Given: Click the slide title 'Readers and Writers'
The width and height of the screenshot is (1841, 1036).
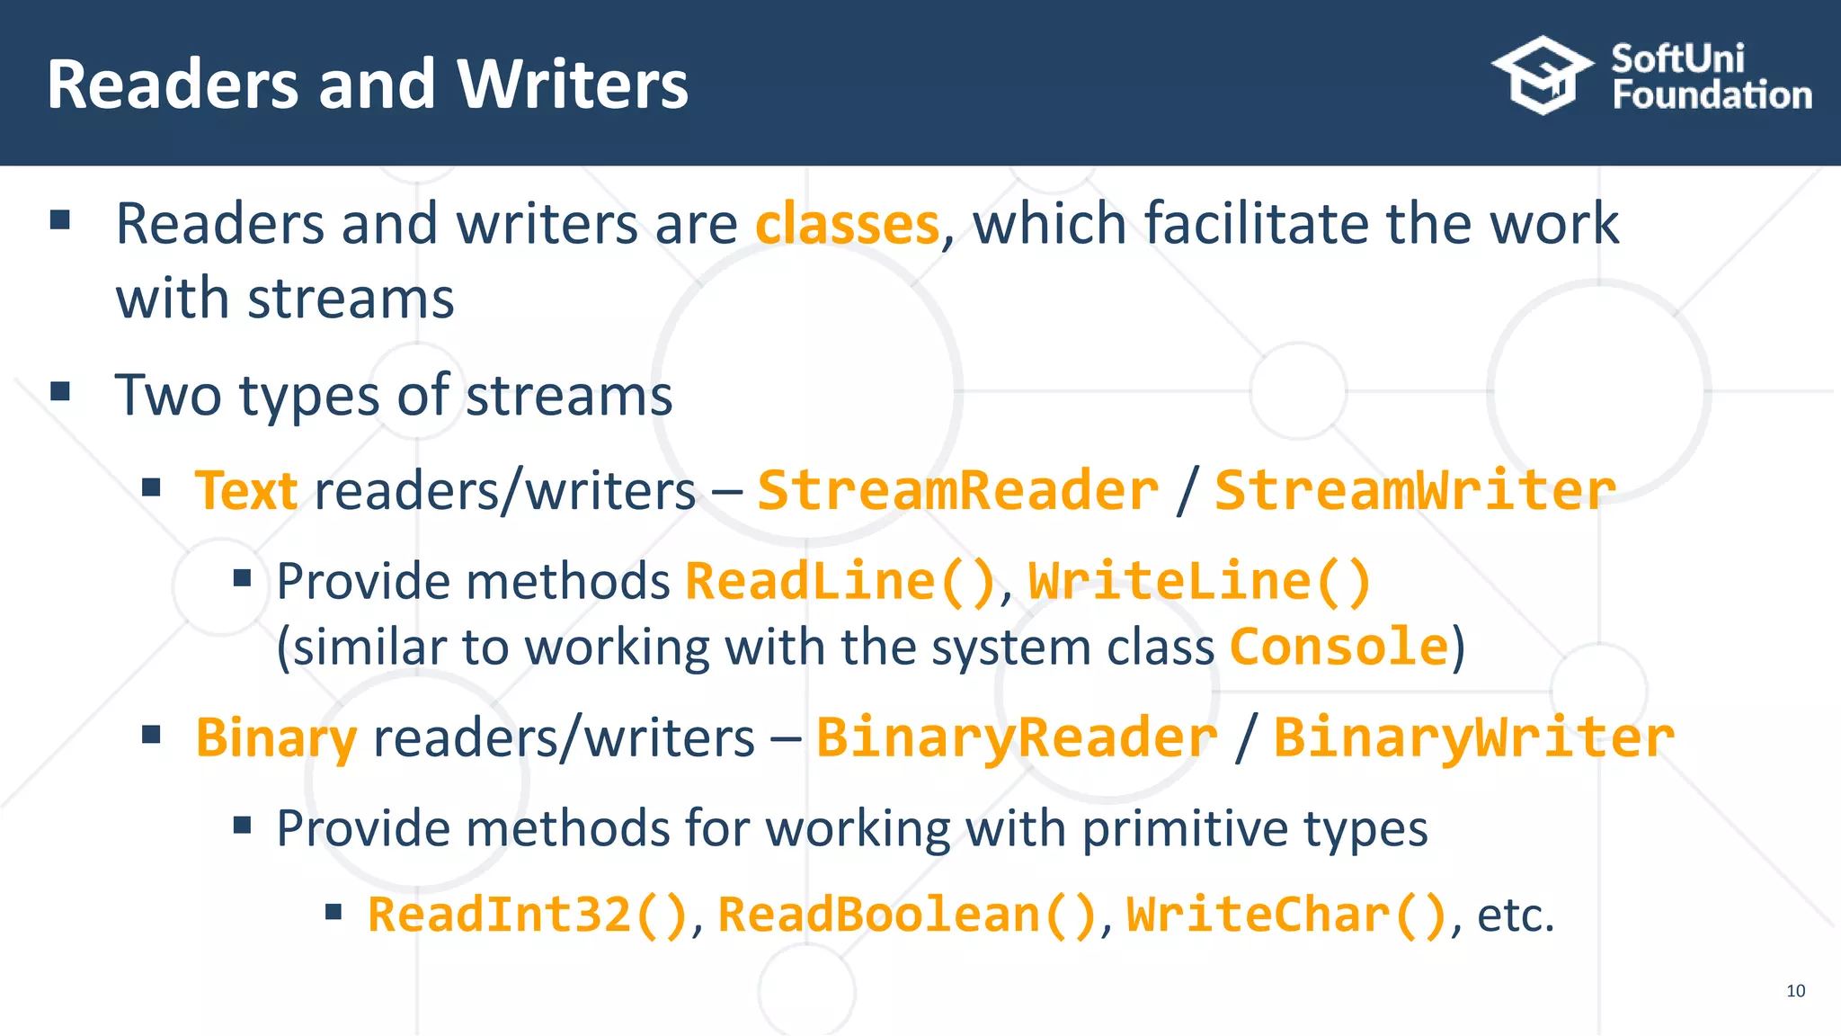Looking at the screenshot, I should tap(367, 85).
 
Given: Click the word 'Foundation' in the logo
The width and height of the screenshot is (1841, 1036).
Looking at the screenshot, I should tap(1712, 95).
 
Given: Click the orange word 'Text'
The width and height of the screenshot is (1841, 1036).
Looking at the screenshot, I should tap(246, 491).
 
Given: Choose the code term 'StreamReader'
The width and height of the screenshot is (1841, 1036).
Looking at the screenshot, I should tap(958, 491).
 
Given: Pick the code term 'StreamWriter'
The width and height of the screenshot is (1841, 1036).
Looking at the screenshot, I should tap(1415, 491).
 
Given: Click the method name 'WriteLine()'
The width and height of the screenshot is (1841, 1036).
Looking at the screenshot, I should tap(1199, 581).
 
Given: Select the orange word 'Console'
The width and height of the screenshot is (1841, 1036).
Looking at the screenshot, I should tap(1339, 647).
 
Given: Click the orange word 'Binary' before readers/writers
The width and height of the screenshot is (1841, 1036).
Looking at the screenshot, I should tap(276, 738).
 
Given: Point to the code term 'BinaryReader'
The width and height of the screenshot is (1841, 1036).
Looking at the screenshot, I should tap(1017, 738).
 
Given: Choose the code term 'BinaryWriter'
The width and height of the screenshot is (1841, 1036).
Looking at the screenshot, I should tap(1474, 738).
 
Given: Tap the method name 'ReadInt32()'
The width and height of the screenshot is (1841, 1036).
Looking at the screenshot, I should tap(528, 915).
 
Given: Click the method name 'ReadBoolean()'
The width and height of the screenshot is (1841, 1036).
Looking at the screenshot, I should tap(907, 915).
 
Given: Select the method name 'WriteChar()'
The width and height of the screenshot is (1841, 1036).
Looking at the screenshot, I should tap(1286, 915).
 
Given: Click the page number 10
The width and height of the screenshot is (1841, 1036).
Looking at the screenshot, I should tap(1795, 991).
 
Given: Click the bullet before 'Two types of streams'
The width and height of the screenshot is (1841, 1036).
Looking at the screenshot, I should tap(60, 391).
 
